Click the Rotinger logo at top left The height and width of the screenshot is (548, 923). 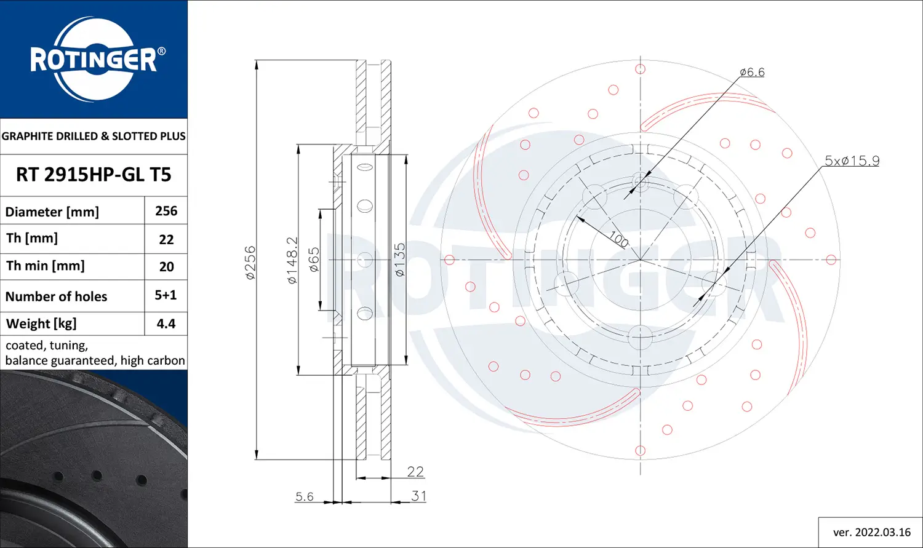[x=94, y=60]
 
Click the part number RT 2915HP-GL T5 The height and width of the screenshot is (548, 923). [x=94, y=175]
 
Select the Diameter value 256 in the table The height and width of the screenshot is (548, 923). [x=166, y=211]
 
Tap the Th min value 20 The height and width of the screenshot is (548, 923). [x=166, y=267]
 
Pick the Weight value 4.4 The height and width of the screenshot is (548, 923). [x=166, y=324]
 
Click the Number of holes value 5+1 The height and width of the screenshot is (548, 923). [x=166, y=295]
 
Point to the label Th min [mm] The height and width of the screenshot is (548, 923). [x=46, y=266]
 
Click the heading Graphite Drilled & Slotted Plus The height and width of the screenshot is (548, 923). [x=94, y=136]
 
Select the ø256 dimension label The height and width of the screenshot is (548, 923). [x=250, y=263]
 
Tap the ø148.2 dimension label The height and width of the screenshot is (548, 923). [x=292, y=260]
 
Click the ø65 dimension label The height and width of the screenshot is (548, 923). [x=314, y=260]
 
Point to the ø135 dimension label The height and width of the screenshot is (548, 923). [x=400, y=260]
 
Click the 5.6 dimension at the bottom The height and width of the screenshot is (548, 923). [x=305, y=496]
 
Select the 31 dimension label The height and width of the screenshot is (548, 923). [x=418, y=496]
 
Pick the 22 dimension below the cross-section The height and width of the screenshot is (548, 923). [x=415, y=471]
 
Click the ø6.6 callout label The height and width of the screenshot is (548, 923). [x=752, y=72]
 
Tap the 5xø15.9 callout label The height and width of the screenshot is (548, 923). [x=852, y=161]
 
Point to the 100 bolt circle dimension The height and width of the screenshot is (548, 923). [x=618, y=239]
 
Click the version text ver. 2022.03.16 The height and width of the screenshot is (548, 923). [x=871, y=532]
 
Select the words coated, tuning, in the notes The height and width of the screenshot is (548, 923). [x=47, y=346]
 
